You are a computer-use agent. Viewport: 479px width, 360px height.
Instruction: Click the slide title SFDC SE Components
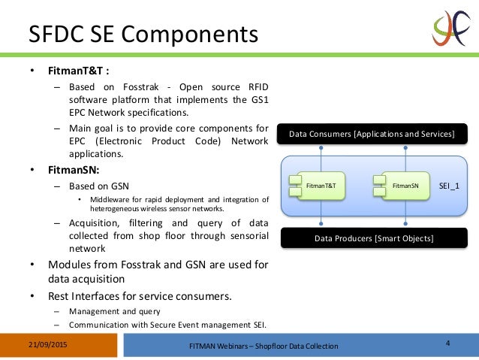[143, 35]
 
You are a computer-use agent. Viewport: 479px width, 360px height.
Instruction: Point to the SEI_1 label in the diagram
[450, 184]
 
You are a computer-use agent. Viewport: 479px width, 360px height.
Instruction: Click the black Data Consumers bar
[372, 134]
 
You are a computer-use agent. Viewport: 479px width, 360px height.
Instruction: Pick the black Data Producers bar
[372, 239]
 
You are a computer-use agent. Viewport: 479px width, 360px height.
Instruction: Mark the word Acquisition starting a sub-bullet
[97, 223]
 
